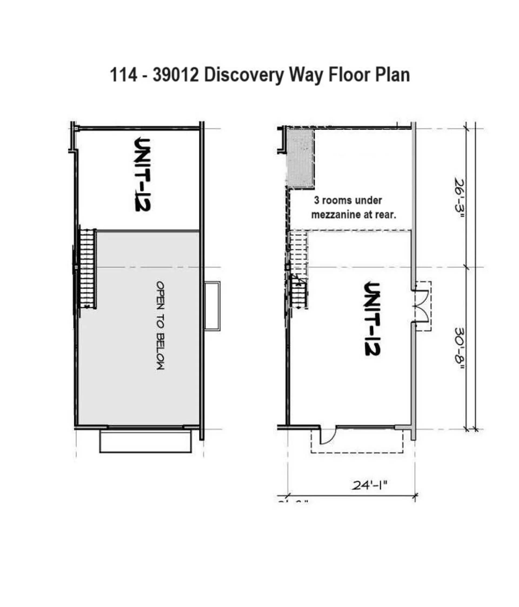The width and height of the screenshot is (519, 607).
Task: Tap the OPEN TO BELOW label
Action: tap(160, 325)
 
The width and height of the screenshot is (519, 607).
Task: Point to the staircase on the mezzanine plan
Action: tap(87, 268)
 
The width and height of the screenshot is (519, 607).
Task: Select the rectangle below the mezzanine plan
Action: tap(145, 442)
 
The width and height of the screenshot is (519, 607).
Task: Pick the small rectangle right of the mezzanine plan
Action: tap(212, 306)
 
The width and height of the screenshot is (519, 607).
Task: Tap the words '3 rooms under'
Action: tap(348, 200)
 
